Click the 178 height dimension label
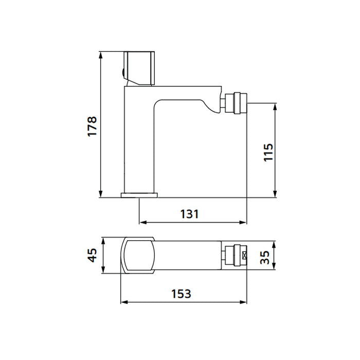coord(92,127)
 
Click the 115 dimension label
coord(268,152)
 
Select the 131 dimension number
coord(189,214)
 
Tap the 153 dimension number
coord(182,294)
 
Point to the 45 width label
coord(93,255)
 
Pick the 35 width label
coord(265,257)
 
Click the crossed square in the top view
coord(245,255)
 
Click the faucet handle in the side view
coord(139,68)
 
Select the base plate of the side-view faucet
coord(139,195)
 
